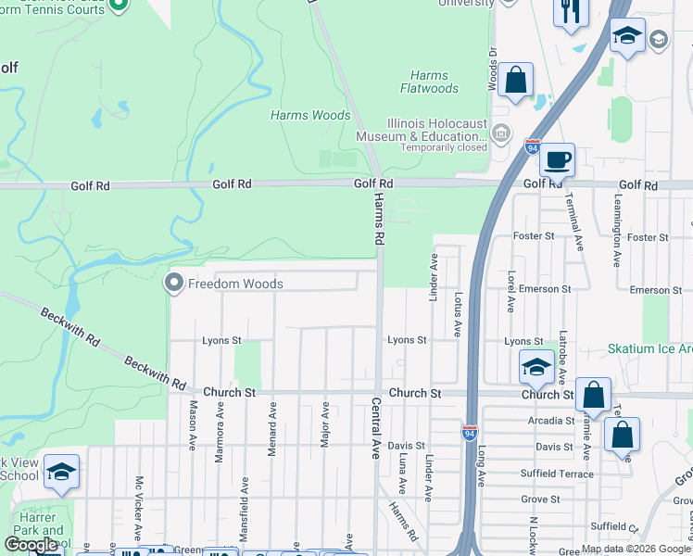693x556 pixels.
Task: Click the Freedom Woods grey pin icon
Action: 174,284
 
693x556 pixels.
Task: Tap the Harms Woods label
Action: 310,116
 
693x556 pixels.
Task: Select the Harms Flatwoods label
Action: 429,82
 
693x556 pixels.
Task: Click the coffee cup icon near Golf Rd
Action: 557,159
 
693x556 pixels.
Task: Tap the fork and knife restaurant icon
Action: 569,12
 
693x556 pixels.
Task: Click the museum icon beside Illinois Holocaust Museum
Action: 501,133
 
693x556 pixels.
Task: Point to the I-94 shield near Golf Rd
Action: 532,146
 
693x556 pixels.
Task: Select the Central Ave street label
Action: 376,429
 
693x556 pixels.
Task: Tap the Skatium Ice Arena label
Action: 649,349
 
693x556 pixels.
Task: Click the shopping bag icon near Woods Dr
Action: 515,81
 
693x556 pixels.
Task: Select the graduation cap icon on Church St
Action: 535,367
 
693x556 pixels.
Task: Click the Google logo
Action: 31,545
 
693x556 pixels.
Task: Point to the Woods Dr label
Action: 492,69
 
